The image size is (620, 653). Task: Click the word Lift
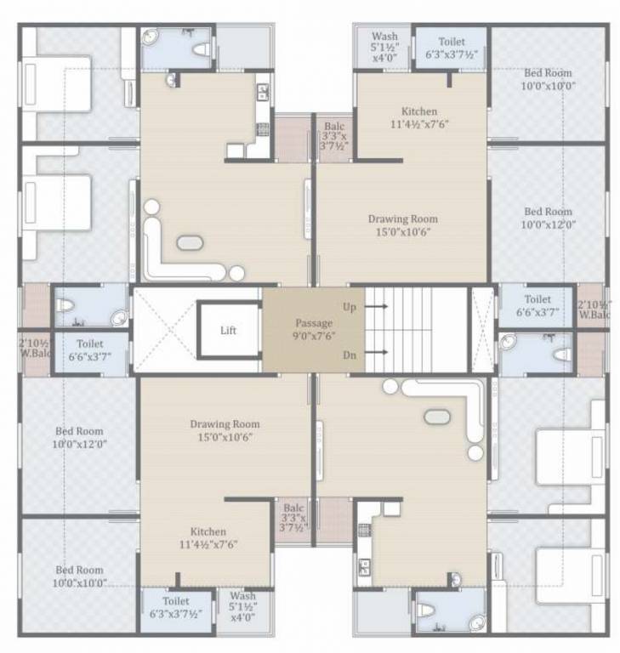(x=228, y=330)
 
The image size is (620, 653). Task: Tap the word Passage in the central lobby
(x=313, y=323)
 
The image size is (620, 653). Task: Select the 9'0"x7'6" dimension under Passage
(x=313, y=337)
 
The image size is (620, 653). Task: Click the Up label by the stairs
(x=350, y=306)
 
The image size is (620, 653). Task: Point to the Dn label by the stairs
(x=350, y=354)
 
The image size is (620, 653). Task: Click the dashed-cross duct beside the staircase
(x=482, y=329)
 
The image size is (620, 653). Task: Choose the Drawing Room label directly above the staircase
(x=402, y=224)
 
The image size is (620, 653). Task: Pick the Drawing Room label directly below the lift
(x=225, y=430)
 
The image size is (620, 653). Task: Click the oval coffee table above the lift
(x=190, y=242)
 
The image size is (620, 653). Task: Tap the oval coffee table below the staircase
(x=437, y=417)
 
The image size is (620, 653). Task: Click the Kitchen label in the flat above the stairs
(x=418, y=117)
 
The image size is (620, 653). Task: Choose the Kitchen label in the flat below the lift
(x=208, y=537)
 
